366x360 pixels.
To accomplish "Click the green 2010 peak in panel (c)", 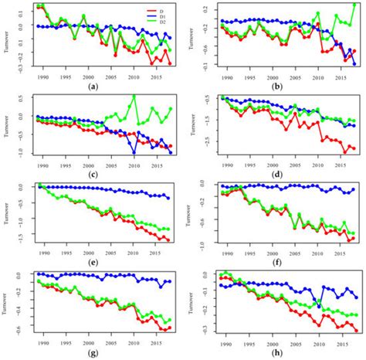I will pyautogui.click(x=134, y=97).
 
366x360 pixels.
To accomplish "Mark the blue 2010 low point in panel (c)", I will pyautogui.click(x=134, y=151).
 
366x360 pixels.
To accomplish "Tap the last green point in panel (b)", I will pyautogui.click(x=354, y=5).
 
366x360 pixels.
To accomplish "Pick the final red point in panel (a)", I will pyautogui.click(x=170, y=63).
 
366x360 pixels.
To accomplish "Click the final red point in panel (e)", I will pyautogui.click(x=168, y=240).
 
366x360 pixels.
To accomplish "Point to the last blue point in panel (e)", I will pyautogui.click(x=168, y=198).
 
